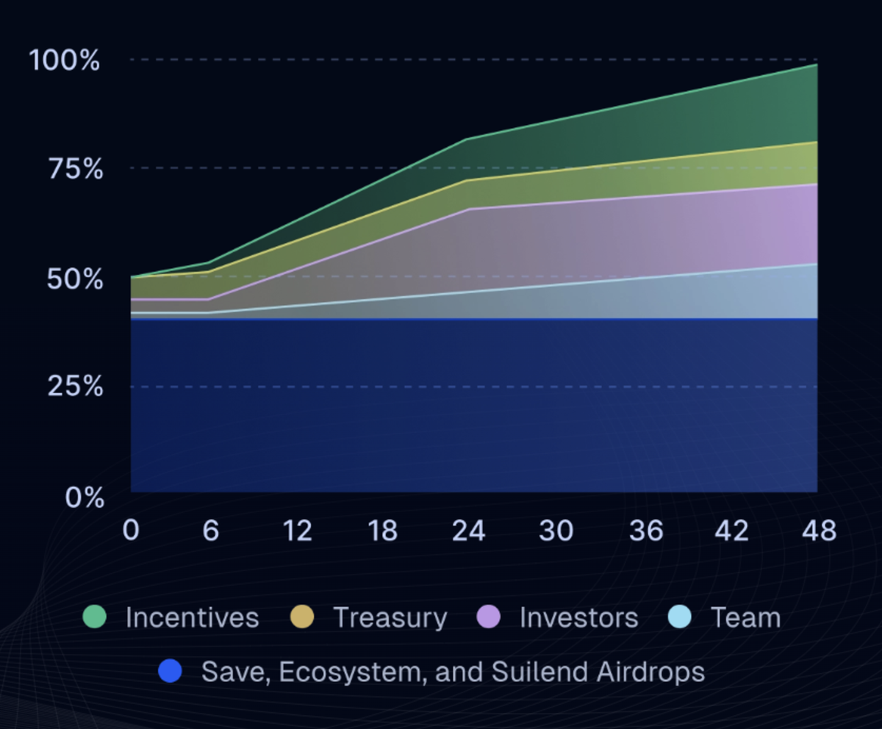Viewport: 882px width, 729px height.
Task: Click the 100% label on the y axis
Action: (x=64, y=60)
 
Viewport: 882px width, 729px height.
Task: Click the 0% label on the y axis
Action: (x=84, y=498)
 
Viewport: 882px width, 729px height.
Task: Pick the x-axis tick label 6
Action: (x=211, y=530)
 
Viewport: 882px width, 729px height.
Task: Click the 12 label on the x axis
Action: (x=297, y=530)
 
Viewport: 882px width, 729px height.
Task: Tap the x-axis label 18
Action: (x=383, y=530)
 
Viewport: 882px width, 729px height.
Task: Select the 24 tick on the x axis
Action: (x=469, y=530)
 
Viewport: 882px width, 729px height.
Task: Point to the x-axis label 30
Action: (x=556, y=530)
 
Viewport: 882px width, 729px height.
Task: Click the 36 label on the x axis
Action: (x=646, y=530)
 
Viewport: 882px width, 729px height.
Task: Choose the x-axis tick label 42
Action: (x=732, y=530)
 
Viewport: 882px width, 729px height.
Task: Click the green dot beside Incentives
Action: (x=95, y=617)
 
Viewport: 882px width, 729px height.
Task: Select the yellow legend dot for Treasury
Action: (x=302, y=617)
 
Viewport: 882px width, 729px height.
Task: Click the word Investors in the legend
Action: (x=578, y=617)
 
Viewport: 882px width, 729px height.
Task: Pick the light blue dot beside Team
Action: (x=681, y=617)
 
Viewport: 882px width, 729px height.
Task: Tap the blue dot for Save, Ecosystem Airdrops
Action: (x=170, y=670)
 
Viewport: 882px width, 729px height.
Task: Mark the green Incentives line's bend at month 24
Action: (x=467, y=139)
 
